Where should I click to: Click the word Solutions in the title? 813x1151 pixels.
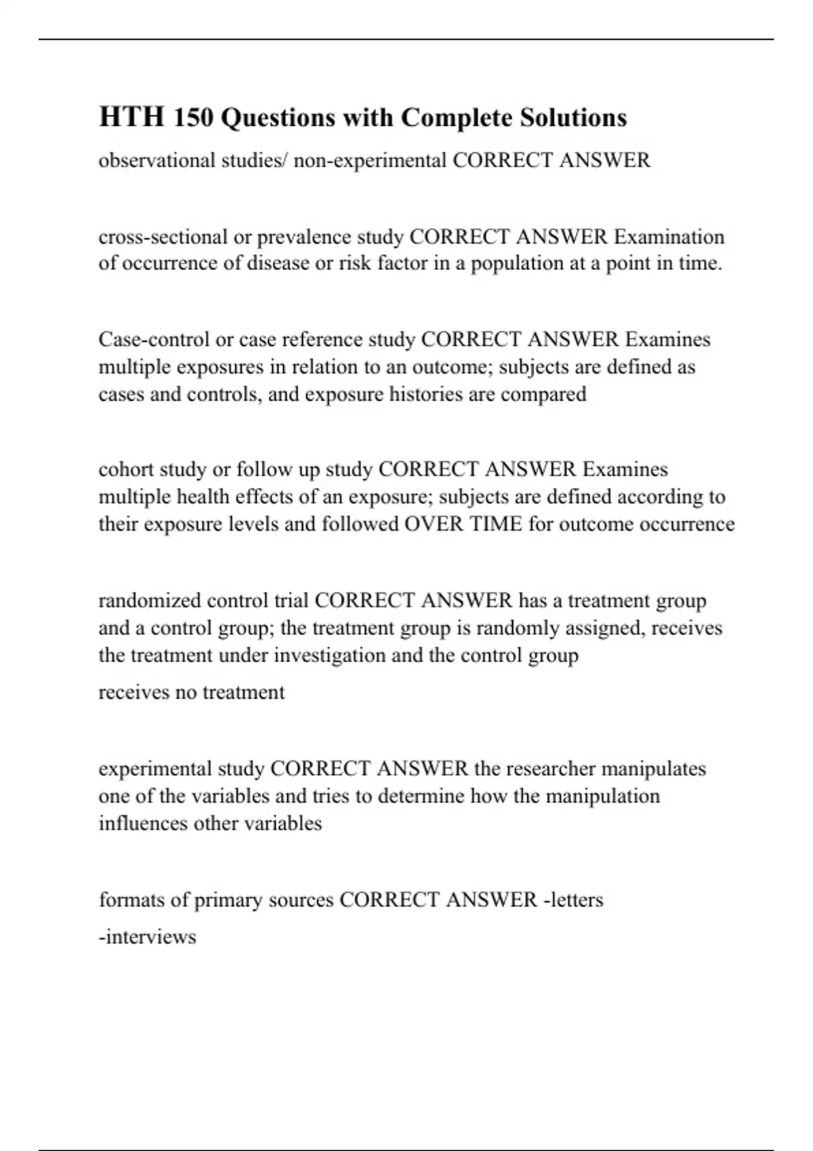pyautogui.click(x=573, y=118)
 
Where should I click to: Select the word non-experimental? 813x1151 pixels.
pyautogui.click(x=370, y=160)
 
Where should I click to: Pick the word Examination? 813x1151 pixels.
pyautogui.click(x=669, y=237)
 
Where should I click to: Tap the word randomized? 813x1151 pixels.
pyautogui.click(x=149, y=601)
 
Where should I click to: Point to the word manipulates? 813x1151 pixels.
pyautogui.click(x=653, y=769)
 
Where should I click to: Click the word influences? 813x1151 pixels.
pyautogui.click(x=143, y=823)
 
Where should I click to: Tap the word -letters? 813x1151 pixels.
pyautogui.click(x=573, y=900)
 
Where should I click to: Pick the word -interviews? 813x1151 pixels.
pyautogui.click(x=148, y=937)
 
